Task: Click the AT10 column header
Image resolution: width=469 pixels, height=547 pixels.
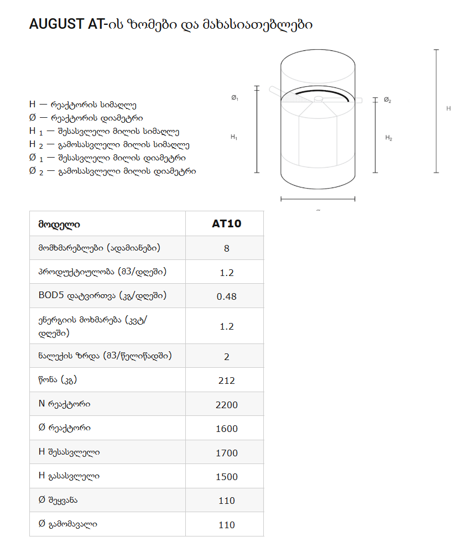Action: (x=227, y=224)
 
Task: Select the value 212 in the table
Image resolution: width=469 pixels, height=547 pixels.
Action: (x=227, y=381)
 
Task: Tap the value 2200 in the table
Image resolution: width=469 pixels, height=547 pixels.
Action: (x=227, y=405)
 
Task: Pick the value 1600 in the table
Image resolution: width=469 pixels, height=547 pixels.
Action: (x=227, y=429)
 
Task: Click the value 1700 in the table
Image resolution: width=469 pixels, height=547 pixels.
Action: (x=227, y=453)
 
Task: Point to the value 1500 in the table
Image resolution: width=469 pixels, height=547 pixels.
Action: (x=227, y=477)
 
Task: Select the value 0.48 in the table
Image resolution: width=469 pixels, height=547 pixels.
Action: (x=227, y=296)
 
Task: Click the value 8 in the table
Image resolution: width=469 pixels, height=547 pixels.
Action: (x=227, y=248)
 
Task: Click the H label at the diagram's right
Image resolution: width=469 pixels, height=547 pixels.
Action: (x=449, y=108)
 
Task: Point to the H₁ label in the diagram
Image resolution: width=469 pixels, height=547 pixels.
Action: (x=234, y=137)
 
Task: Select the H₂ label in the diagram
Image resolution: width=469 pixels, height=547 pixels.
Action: (x=389, y=138)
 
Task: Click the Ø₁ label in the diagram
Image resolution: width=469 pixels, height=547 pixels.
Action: (x=234, y=97)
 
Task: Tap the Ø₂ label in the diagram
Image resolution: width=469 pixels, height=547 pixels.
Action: (x=388, y=100)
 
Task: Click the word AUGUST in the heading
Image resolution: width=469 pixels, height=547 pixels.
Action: (x=56, y=25)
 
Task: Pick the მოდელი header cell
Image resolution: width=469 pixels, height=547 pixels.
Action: (x=59, y=225)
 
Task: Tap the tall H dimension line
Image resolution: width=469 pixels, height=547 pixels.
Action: (x=436, y=111)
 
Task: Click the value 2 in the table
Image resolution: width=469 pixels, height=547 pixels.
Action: (x=227, y=357)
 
